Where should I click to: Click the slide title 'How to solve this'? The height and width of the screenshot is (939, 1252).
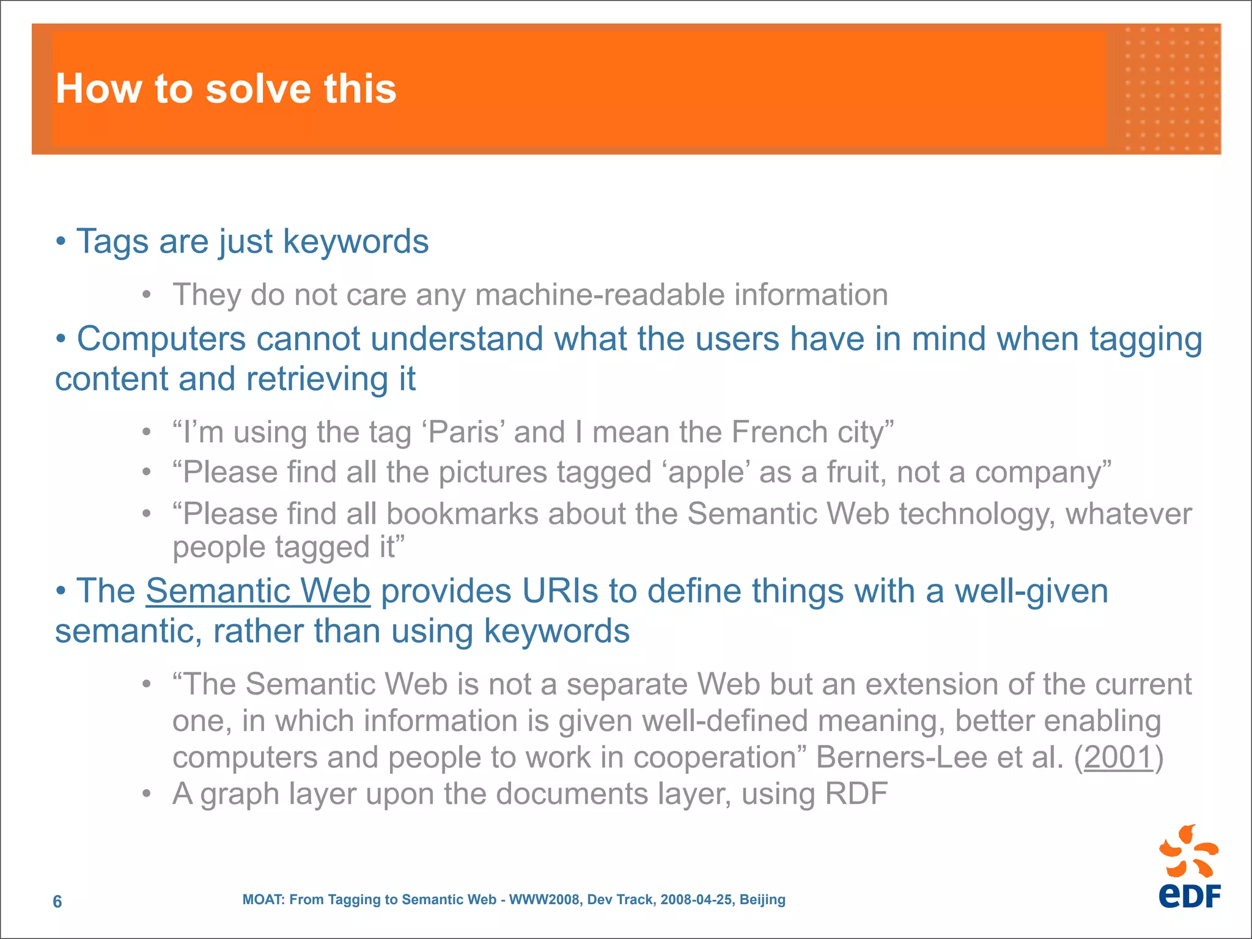point(226,89)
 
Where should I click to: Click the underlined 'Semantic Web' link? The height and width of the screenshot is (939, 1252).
point(258,591)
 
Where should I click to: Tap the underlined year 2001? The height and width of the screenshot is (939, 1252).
point(1118,757)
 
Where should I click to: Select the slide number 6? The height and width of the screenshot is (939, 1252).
point(57,902)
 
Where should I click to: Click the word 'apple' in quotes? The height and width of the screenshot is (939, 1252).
point(709,473)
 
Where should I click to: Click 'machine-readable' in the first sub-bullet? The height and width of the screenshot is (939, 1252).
point(600,295)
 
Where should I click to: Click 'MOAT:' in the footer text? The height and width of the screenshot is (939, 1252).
point(263,900)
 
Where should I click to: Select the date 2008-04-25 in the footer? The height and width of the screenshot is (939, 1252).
point(696,900)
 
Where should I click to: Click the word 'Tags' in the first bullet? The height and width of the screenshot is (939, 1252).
point(112,241)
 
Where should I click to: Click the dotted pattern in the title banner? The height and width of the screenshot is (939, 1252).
point(1171,89)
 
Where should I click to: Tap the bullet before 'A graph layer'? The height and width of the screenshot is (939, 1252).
point(146,794)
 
